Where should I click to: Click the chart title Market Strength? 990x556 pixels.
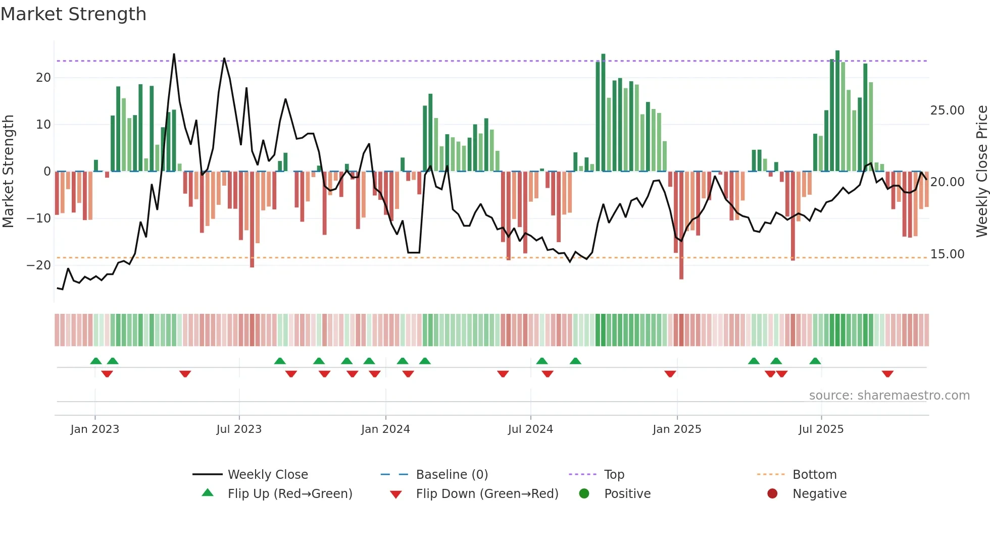(73, 14)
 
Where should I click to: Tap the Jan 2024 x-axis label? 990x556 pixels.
(385, 429)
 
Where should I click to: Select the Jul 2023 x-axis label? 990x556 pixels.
(239, 429)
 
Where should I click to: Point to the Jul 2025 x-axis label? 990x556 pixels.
(821, 429)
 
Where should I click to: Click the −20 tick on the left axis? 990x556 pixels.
(39, 265)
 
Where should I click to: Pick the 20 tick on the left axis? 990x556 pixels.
(43, 78)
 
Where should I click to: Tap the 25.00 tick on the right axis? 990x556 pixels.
(947, 110)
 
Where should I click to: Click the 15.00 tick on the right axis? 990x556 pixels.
(947, 254)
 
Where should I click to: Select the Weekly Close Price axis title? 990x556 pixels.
(981, 172)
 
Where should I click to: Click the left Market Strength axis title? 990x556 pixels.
(8, 172)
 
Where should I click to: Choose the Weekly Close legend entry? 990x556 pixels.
(268, 475)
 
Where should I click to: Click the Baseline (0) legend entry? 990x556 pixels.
(452, 475)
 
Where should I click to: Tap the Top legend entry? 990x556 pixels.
(614, 475)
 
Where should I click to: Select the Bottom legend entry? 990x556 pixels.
(814, 475)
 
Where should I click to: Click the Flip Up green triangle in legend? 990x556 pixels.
(208, 493)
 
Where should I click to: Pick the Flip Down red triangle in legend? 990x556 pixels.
(396, 494)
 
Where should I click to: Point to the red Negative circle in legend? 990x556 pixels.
(772, 493)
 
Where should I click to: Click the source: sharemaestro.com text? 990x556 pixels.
(889, 396)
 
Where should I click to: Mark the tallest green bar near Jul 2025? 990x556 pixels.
(837, 111)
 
